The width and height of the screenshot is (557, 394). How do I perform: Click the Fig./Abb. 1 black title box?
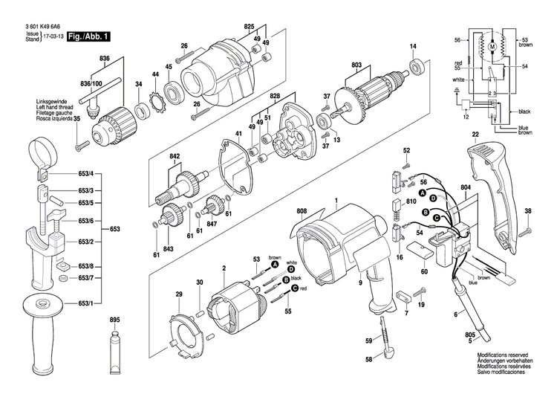coord(89,36)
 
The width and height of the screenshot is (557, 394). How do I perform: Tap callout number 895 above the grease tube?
coord(114,320)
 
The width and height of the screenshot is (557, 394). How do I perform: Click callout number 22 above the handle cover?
coord(475,135)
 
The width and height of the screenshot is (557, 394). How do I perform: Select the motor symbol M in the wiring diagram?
coord(491,48)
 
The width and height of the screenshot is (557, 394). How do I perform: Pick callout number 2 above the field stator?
coord(224,268)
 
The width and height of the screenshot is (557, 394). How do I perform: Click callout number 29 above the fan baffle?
coord(178,295)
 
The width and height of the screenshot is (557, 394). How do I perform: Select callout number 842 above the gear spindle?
coord(175,157)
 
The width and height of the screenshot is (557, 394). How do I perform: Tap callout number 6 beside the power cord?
coord(455,316)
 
